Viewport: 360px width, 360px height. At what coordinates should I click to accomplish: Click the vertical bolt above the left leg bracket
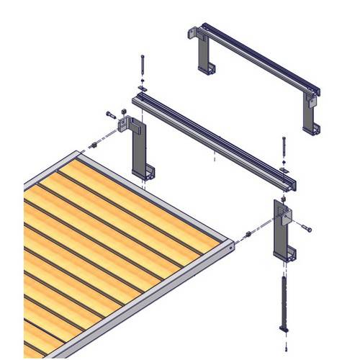coord(143,68)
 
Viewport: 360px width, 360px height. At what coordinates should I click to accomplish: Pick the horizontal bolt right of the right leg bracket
coord(307,228)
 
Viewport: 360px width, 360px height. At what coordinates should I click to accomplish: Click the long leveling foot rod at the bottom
coord(285,302)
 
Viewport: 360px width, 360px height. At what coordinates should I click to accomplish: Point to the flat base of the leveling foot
coord(286,330)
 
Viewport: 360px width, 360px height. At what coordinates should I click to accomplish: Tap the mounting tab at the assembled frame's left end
coord(193,33)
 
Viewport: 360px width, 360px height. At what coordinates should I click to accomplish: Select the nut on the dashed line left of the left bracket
coord(94,146)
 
